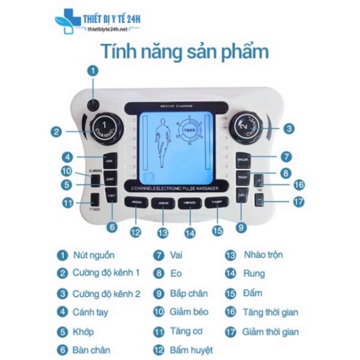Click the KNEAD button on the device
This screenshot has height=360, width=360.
coord(162,203)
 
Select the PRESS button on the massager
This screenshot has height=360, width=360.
coord(135,203)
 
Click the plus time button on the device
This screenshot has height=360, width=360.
coord(258,180)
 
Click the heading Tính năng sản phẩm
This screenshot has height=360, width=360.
coord(181,51)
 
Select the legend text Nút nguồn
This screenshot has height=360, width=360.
coord(94,255)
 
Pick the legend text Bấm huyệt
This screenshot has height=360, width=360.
coord(192,350)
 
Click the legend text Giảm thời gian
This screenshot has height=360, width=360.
coord(271,331)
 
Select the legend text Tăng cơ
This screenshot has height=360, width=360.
coord(186,331)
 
